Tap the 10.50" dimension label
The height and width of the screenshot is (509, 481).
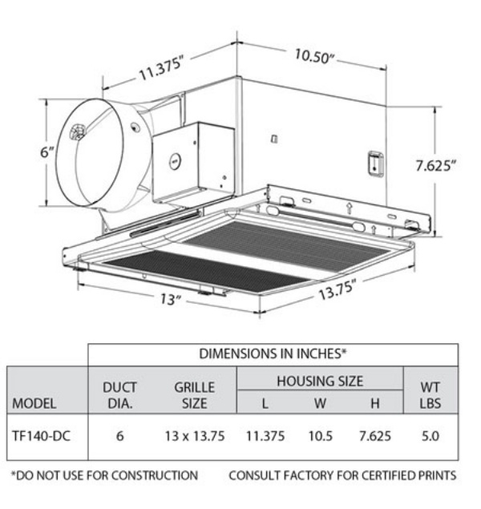(314, 57)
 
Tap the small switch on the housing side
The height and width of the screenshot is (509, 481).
(372, 163)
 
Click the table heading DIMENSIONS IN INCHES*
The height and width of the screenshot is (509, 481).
(273, 353)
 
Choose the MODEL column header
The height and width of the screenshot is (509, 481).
(33, 403)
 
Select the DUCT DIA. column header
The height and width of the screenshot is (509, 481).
(119, 395)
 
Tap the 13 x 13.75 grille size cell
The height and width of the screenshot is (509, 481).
(194, 438)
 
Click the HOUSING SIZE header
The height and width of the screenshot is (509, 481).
(320, 382)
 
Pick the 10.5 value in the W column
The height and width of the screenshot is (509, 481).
(320, 438)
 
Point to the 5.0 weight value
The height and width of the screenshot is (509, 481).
(431, 438)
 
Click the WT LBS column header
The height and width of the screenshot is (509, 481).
(430, 395)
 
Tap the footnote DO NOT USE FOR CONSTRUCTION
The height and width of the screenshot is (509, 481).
(103, 475)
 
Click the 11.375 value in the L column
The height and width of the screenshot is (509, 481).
(264, 438)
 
